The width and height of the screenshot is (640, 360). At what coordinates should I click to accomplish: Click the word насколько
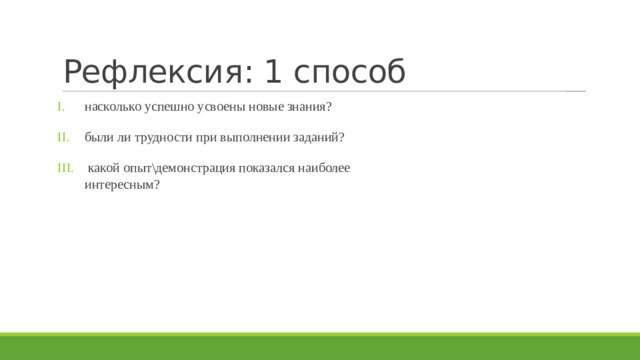pyautogui.click(x=113, y=107)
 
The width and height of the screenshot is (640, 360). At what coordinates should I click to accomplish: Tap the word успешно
pyautogui.click(x=170, y=107)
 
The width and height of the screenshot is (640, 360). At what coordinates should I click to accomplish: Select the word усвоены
pyautogui.click(x=223, y=107)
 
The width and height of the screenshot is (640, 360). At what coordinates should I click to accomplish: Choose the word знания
pyautogui.click(x=311, y=107)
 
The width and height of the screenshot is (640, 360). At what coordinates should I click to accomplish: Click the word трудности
pyautogui.click(x=168, y=137)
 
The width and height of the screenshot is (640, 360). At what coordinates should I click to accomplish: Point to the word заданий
pyautogui.click(x=319, y=137)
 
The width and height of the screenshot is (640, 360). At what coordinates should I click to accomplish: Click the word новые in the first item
pyautogui.click(x=267, y=107)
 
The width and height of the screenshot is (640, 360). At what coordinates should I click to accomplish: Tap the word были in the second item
pyautogui.click(x=100, y=137)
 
